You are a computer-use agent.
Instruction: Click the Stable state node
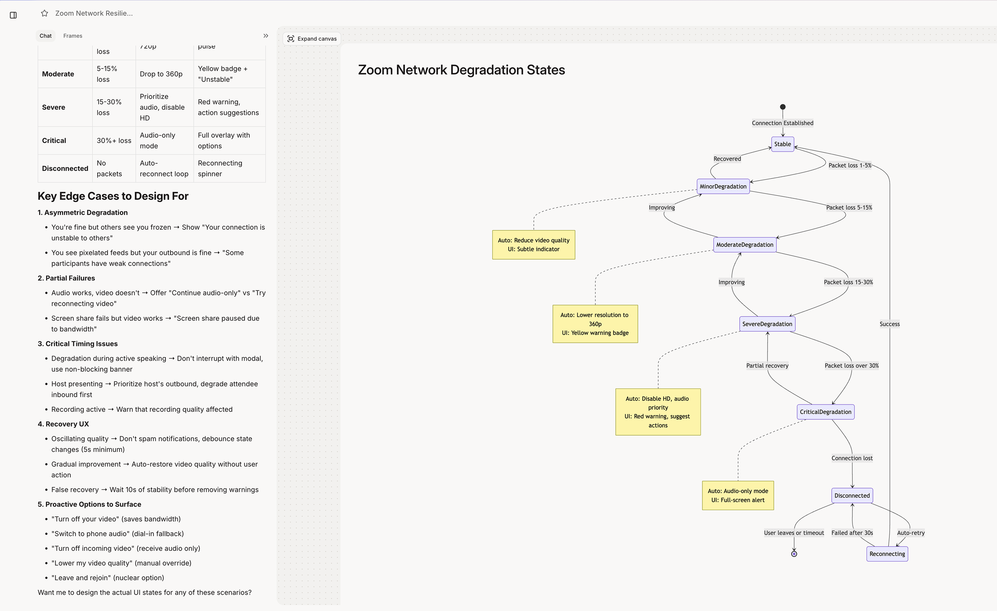coord(782,144)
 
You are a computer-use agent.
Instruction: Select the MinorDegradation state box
coord(723,186)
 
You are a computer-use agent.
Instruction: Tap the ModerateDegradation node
coord(745,244)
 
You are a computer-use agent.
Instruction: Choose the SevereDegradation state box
coord(767,324)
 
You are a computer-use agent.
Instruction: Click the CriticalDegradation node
coord(825,412)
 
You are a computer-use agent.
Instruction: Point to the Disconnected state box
coord(852,495)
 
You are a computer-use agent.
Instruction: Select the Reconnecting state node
coord(887,554)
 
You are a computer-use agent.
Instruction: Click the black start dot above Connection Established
coord(782,107)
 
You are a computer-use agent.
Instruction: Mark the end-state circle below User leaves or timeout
coord(794,554)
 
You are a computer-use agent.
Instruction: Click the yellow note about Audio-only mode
coord(738,495)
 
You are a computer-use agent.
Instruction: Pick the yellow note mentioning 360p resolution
coord(595,324)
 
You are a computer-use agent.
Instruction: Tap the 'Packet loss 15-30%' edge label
coord(848,282)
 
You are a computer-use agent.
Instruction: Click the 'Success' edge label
coord(889,324)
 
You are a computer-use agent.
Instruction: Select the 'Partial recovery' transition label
coord(767,366)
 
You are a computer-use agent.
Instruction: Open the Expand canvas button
coord(312,39)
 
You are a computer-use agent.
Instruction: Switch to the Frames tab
coord(73,36)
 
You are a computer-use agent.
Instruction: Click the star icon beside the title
coord(44,13)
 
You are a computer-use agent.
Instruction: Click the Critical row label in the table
coord(54,140)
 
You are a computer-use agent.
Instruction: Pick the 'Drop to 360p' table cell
coord(161,74)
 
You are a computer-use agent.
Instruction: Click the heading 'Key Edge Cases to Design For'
coord(113,196)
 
